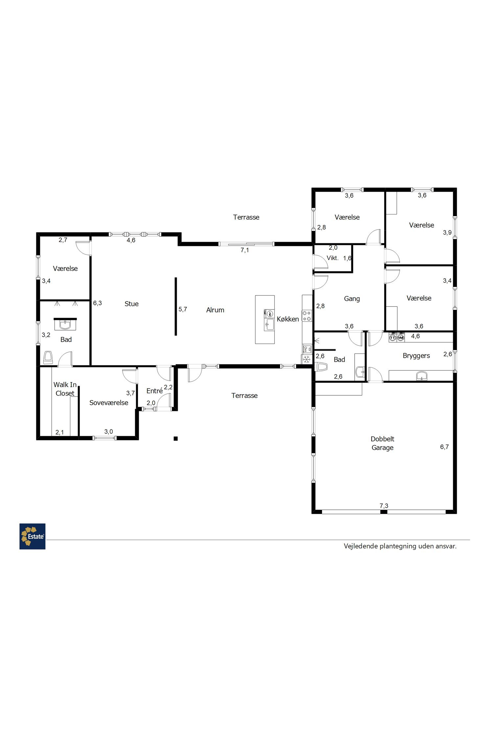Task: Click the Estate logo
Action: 32,536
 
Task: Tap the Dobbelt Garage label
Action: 382,443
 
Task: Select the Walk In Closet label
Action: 65,389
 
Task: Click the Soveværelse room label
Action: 109,403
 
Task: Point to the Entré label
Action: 154,390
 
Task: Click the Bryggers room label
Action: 416,356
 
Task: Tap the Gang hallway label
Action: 352,299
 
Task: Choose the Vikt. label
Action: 333,258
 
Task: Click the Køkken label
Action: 288,319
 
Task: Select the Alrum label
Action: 215,310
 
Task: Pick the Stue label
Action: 131,304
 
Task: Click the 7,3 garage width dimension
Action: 384,506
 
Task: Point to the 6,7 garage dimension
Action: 444,447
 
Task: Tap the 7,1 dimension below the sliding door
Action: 245,250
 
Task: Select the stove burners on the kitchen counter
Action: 307,316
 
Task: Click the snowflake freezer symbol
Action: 307,359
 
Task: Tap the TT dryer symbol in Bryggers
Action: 392,337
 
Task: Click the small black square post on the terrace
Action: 176,438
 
